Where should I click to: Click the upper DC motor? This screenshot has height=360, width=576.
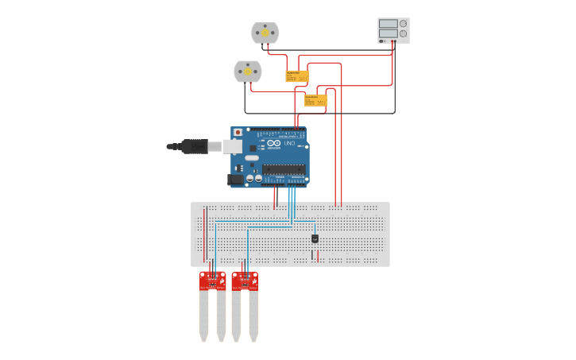(265, 33)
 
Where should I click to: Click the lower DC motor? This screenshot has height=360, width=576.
(247, 72)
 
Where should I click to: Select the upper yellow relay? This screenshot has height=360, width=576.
(296, 76)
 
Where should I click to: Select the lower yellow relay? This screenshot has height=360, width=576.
(315, 101)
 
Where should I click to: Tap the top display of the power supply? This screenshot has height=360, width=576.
(388, 24)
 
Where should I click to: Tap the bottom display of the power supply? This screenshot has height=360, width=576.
(388, 33)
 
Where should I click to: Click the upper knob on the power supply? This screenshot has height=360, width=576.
(404, 24)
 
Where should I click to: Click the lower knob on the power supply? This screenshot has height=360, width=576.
(404, 33)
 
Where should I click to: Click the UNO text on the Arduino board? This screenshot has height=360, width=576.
(289, 143)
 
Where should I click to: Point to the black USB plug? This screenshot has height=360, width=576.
(194, 146)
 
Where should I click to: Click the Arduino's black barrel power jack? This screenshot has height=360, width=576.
(236, 180)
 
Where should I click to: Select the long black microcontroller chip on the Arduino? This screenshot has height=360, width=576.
(284, 168)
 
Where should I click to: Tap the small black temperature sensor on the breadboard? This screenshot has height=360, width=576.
(315, 238)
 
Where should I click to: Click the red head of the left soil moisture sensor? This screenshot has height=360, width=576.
(212, 281)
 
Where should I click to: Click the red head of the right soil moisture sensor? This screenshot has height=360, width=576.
(245, 281)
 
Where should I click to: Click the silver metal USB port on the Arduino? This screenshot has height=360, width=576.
(231, 146)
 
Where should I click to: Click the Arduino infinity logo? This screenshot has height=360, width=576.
(274, 143)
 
